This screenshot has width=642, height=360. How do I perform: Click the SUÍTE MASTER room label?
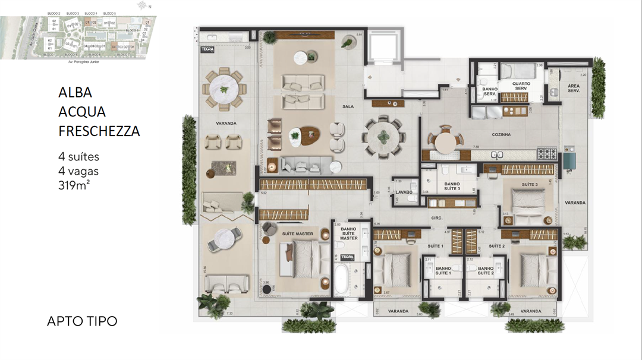pyautogui.click(x=297, y=233)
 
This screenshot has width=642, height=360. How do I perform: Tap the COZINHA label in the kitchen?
pyautogui.click(x=501, y=135)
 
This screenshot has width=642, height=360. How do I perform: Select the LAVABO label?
pyautogui.click(x=404, y=192)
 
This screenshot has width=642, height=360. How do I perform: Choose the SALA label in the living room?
pyautogui.click(x=348, y=107)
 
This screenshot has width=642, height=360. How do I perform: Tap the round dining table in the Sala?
pyautogui.click(x=383, y=137)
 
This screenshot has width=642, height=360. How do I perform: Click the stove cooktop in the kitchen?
pyautogui.click(x=547, y=154)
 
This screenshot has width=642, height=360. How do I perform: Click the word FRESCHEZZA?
pyautogui.click(x=99, y=131)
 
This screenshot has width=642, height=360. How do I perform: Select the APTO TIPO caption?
pyautogui.click(x=82, y=321)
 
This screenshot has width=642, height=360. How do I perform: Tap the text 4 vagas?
pyautogui.click(x=78, y=171)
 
